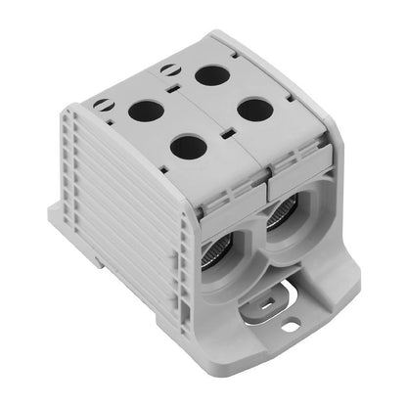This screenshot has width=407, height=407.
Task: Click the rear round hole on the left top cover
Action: point(146,110)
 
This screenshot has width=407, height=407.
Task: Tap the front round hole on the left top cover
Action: point(187,147)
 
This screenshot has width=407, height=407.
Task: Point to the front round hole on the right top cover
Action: point(253,110)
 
